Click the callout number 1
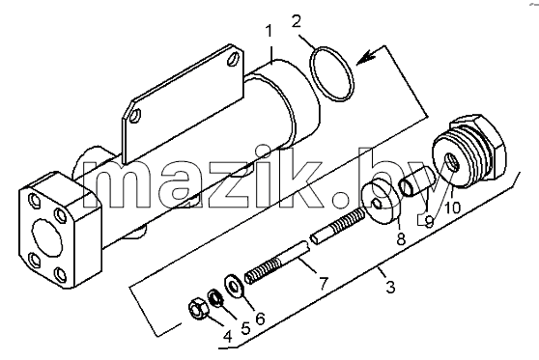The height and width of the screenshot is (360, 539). (x=269, y=32)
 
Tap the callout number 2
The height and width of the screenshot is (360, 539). (x=296, y=21)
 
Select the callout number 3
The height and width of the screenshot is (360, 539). (x=390, y=287)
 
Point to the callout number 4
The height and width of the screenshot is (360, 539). (x=228, y=337)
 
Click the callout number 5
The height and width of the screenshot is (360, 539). (x=245, y=329)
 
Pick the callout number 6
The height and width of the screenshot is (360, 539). (x=261, y=318)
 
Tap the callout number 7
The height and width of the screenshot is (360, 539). (x=324, y=284)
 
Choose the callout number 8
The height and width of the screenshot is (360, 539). (x=401, y=238)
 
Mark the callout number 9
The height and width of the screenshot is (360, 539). (x=429, y=222)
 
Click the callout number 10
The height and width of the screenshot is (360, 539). (x=452, y=208)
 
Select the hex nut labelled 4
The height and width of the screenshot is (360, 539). (x=197, y=308)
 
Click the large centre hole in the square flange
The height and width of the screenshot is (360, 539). (x=47, y=237)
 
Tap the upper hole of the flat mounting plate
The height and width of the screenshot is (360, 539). (x=234, y=59)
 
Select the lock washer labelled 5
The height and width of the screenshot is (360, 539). (x=215, y=297)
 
